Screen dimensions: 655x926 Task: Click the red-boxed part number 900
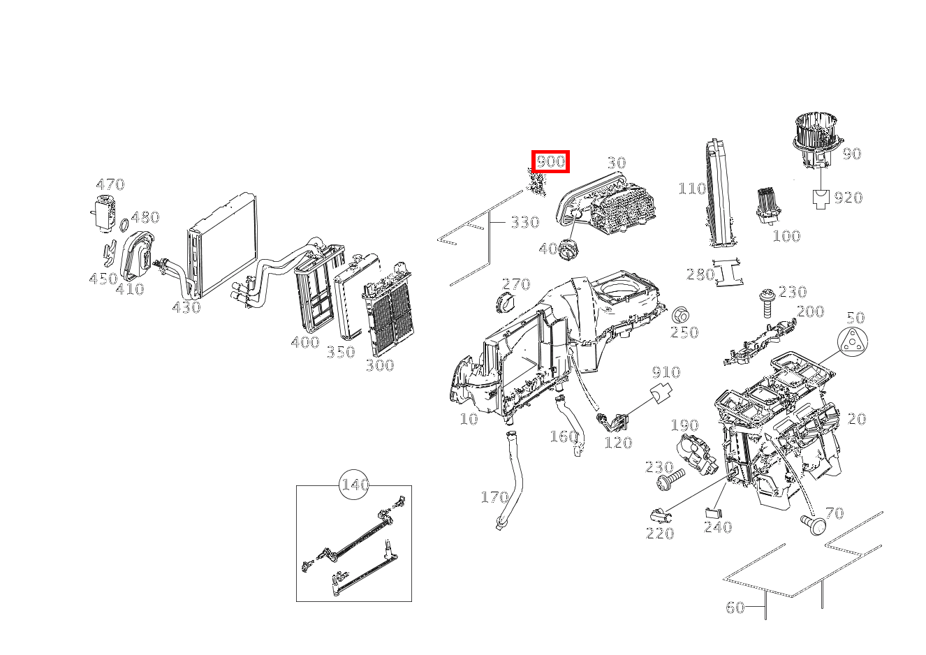pyautogui.click(x=550, y=161)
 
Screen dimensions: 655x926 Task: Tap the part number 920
pyautogui.click(x=848, y=198)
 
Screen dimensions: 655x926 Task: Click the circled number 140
pyautogui.click(x=355, y=485)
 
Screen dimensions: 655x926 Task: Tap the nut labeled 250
pyautogui.click(x=679, y=314)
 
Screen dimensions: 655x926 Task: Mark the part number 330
pyautogui.click(x=524, y=222)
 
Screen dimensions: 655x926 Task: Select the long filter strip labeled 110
pyautogui.click(x=718, y=193)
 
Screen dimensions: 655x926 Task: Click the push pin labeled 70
pyautogui.click(x=813, y=523)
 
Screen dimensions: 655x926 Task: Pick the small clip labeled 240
pyautogui.click(x=711, y=512)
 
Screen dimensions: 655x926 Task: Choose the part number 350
pyautogui.click(x=341, y=352)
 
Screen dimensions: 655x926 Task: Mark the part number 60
pyautogui.click(x=735, y=608)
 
